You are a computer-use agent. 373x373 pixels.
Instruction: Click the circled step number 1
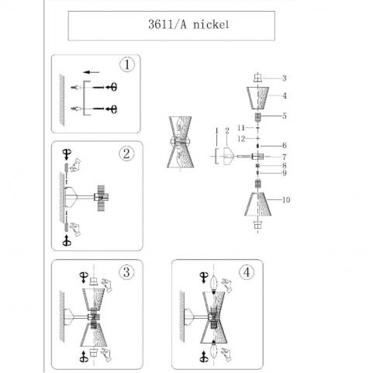point(127,64)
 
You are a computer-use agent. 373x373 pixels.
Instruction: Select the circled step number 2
point(126,154)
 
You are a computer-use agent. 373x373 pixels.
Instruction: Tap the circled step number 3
point(126,272)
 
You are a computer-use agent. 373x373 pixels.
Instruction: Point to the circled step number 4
point(247,272)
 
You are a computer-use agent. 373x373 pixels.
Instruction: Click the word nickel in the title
point(211,25)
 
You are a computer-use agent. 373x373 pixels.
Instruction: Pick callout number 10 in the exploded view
point(286,200)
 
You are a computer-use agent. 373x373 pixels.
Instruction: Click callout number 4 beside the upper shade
point(285,96)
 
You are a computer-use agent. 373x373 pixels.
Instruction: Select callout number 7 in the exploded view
point(285,157)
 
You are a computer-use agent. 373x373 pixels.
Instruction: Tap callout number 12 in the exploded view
point(241,139)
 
